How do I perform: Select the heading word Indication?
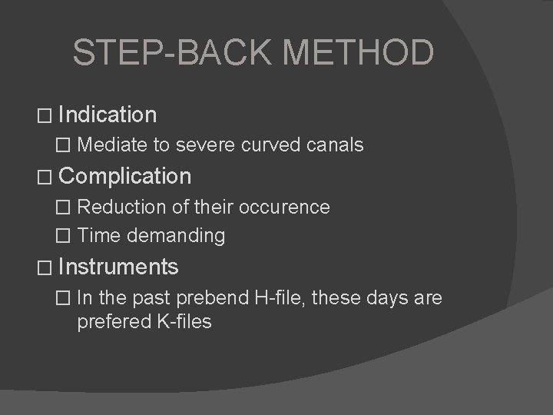click(108, 115)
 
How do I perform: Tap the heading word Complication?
click(124, 176)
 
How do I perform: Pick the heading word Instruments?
click(118, 267)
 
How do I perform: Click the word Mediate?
click(109, 144)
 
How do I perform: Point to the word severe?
click(200, 144)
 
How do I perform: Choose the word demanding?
click(176, 236)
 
